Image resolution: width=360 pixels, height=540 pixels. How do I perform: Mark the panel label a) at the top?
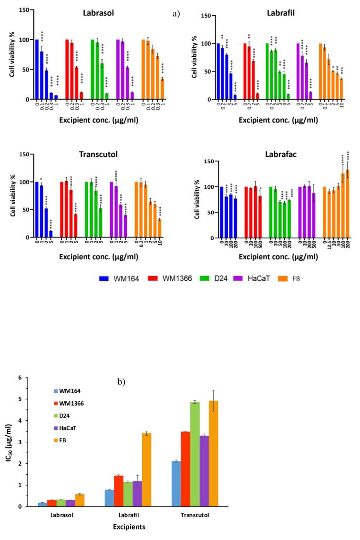pos(177,14)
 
